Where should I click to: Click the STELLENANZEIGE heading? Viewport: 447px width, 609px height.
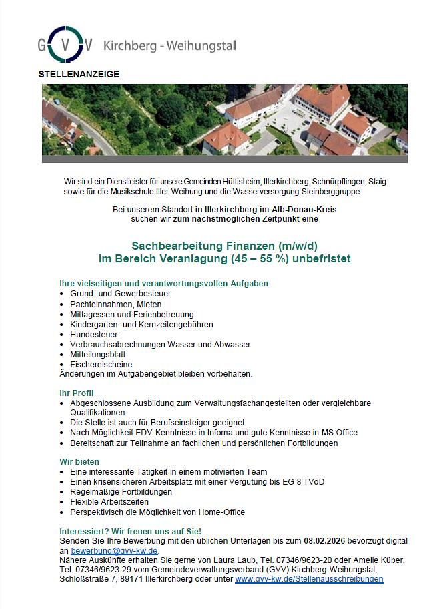click(x=79, y=74)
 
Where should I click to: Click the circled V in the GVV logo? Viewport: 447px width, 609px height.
click(x=67, y=43)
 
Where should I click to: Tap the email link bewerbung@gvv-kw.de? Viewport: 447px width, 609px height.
click(x=115, y=550)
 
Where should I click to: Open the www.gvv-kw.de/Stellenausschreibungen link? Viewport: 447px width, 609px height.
click(x=309, y=579)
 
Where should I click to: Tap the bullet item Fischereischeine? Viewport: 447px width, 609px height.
click(x=101, y=365)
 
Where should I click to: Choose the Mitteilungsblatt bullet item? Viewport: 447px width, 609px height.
click(x=97, y=354)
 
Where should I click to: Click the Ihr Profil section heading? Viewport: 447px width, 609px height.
click(x=77, y=393)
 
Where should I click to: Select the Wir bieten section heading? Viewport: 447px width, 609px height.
click(x=79, y=461)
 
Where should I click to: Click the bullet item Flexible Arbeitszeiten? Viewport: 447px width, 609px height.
click(x=109, y=501)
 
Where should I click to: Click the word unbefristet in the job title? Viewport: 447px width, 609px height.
click(x=320, y=258)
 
